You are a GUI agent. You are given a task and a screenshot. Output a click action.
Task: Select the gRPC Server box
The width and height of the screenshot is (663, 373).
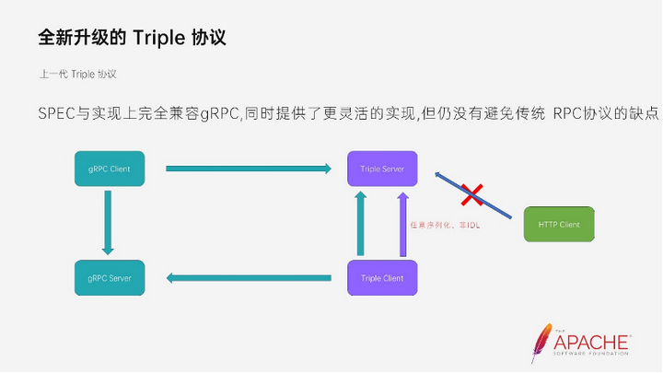[109, 277]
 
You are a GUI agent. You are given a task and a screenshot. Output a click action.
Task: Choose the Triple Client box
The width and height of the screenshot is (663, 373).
[382, 277]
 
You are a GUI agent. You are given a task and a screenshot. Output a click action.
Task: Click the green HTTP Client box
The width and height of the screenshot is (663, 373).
[559, 224]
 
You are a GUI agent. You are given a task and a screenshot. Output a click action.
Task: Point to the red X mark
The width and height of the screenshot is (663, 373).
[472, 194]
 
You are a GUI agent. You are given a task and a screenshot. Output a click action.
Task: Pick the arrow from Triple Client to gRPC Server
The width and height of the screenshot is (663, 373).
[249, 276]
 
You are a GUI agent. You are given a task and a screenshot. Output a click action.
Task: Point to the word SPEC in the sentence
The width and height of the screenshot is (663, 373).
[58, 112]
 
